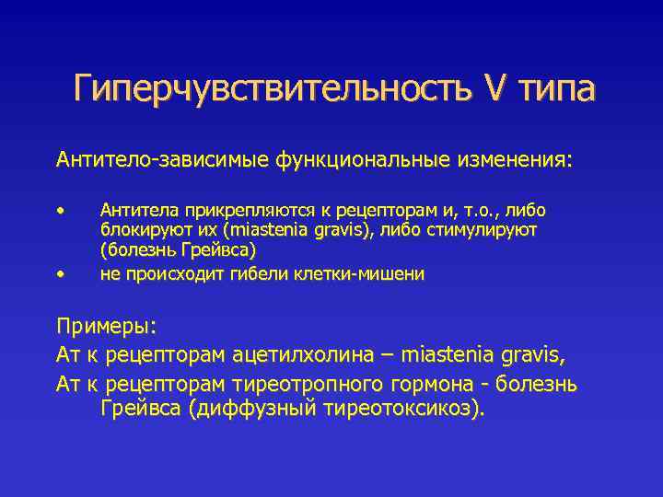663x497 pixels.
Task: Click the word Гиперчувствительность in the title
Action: (267, 88)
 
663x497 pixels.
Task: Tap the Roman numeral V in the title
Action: (493, 88)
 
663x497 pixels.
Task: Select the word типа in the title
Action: (556, 88)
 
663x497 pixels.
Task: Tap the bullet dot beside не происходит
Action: (61, 274)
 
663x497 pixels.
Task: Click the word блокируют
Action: (139, 230)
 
